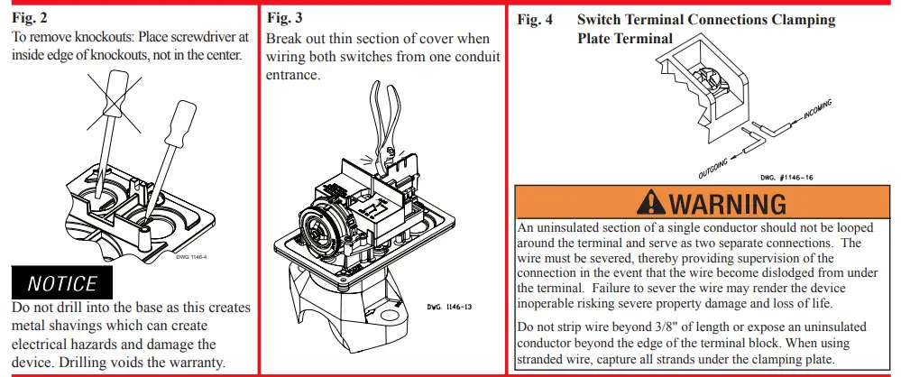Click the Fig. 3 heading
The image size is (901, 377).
pyautogui.click(x=286, y=18)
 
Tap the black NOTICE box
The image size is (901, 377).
pyautogui.click(x=61, y=284)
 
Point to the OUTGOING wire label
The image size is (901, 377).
pyautogui.click(x=715, y=165)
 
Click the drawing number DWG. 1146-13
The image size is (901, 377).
pyautogui.click(x=449, y=307)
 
